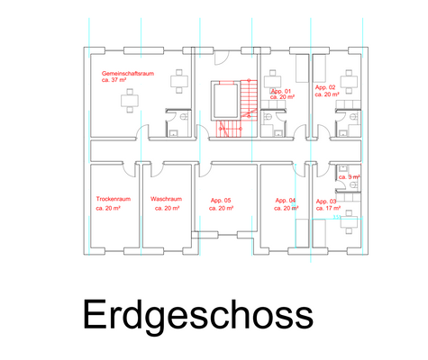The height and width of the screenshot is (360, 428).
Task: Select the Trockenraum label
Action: [114, 199]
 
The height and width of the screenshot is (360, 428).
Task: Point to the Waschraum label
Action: [167, 199]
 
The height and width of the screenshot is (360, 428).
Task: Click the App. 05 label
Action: [222, 200]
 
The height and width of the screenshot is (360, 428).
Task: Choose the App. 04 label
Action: [285, 200]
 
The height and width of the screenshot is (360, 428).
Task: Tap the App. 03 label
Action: [326, 201]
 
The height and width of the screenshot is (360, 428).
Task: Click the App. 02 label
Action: [325, 87]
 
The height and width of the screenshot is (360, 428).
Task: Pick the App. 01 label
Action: [281, 92]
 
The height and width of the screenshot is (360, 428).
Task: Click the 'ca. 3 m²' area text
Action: [349, 177]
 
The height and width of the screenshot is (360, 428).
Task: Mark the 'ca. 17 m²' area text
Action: [328, 209]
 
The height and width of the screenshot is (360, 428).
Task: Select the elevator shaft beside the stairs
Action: [220, 100]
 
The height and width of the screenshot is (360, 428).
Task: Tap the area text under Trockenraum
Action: [109, 208]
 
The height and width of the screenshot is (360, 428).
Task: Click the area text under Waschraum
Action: [167, 208]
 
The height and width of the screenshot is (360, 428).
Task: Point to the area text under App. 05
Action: [222, 208]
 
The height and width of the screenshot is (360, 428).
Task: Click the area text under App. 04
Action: [285, 208]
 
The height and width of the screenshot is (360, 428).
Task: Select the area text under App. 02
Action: [327, 94]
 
